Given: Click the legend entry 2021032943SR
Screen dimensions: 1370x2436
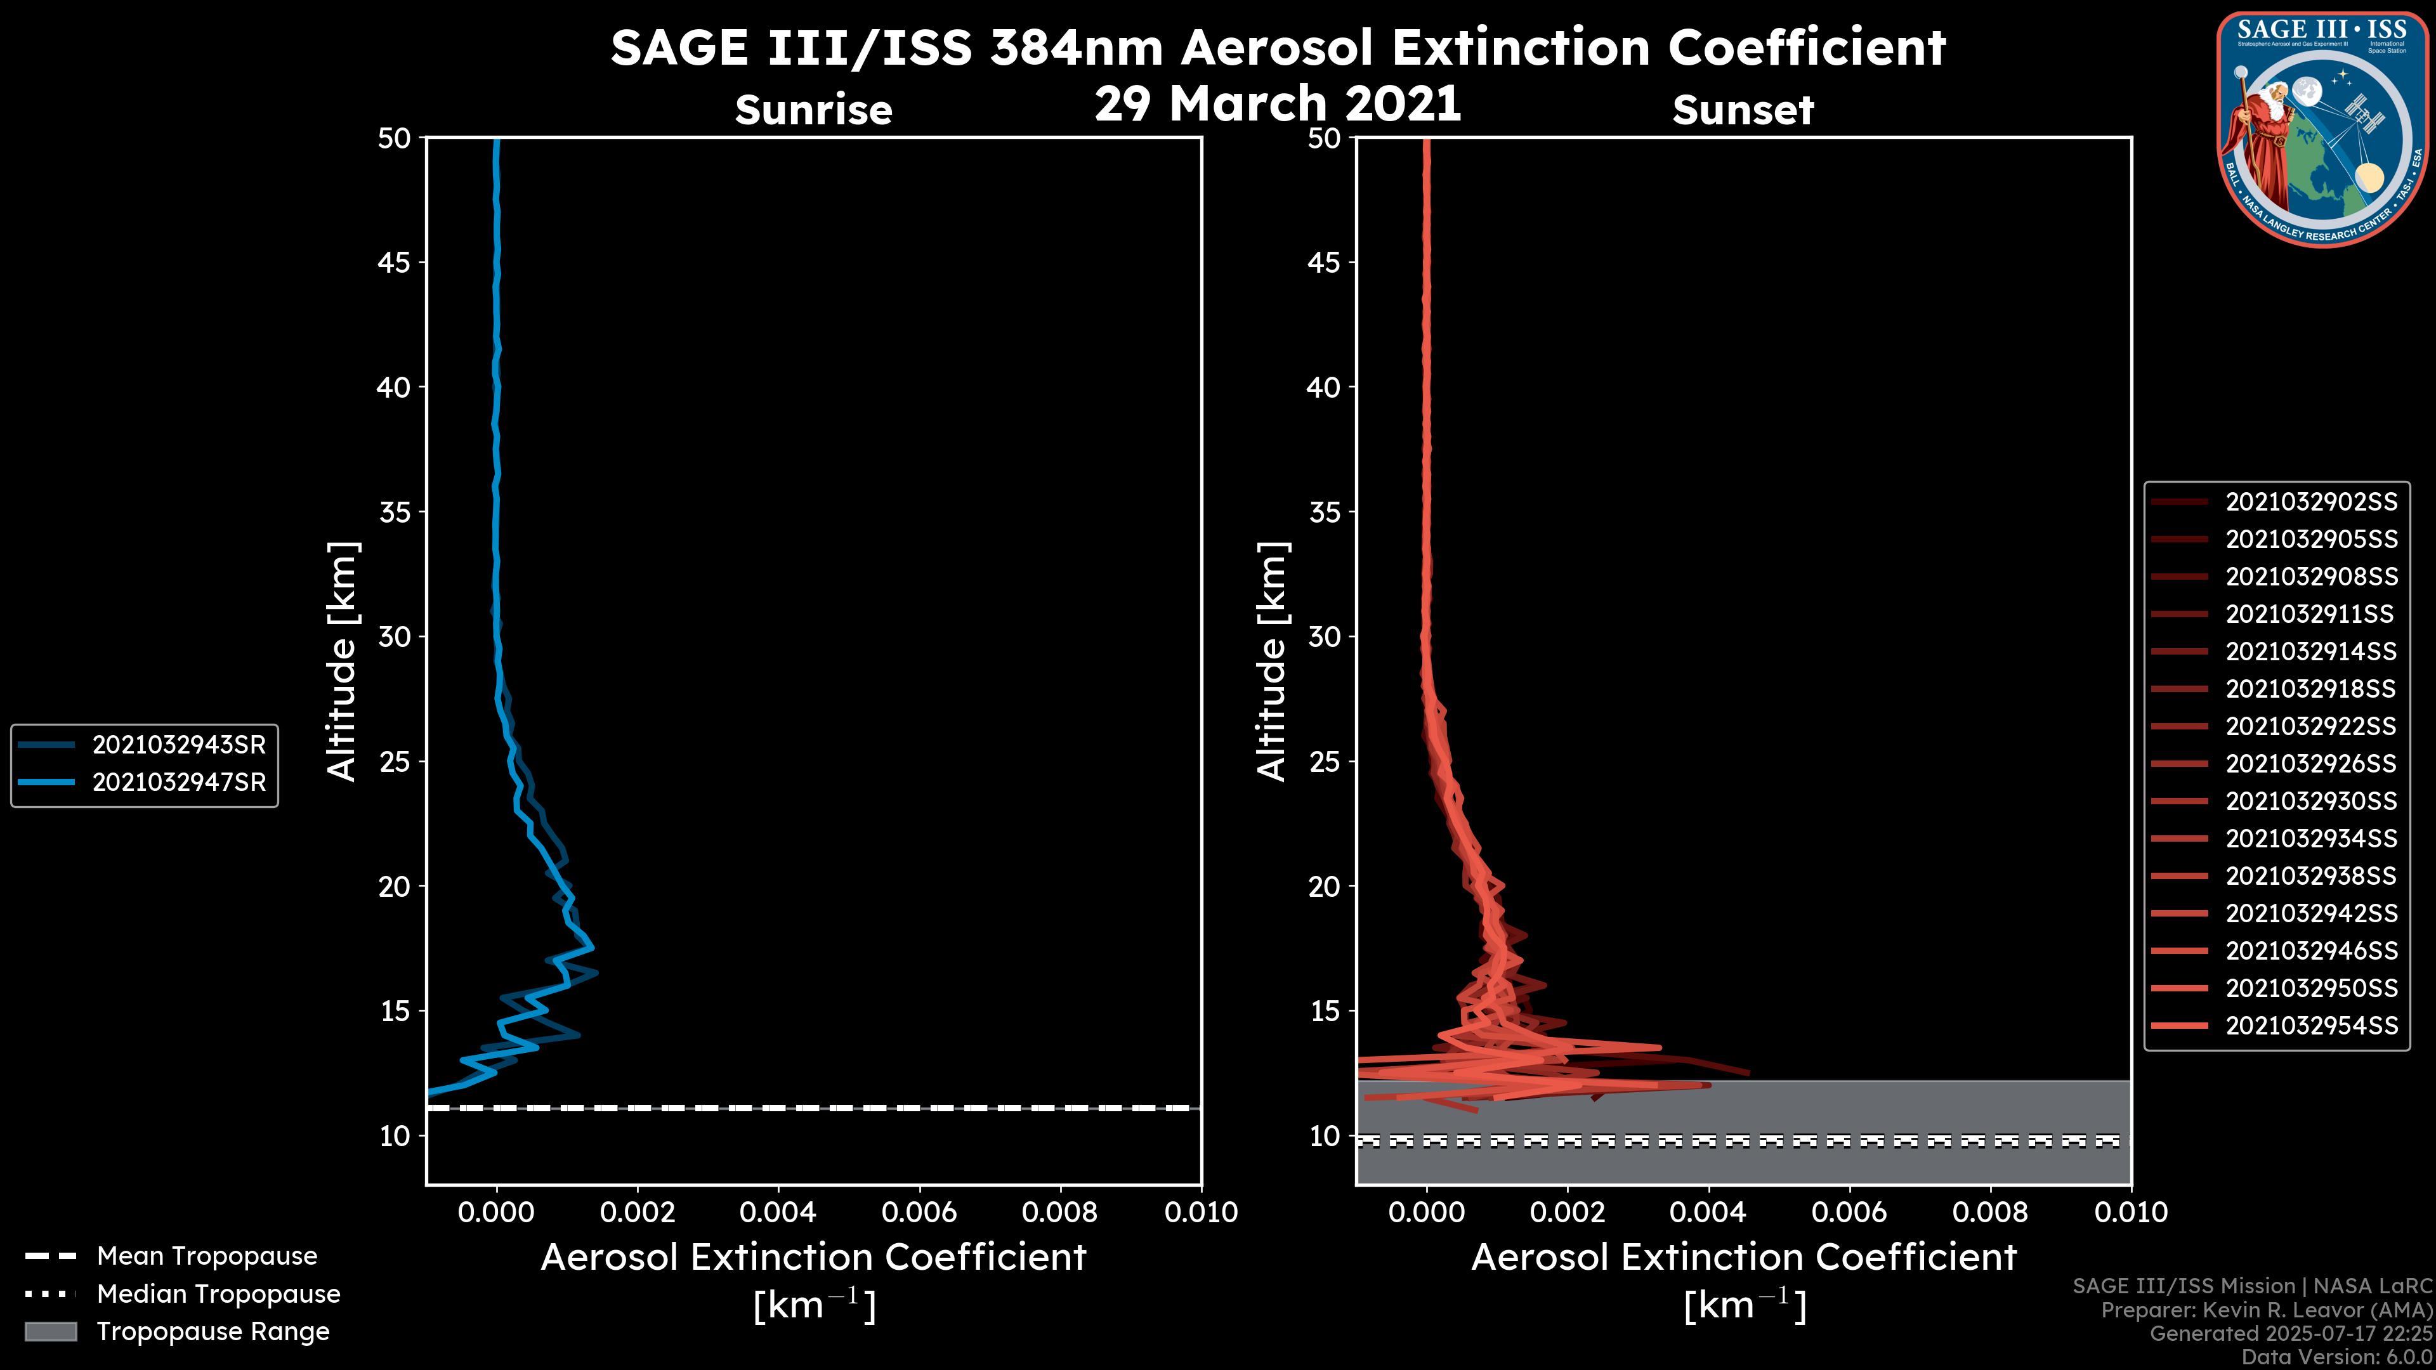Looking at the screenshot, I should (x=179, y=745).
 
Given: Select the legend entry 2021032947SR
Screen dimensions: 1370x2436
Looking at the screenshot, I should (x=179, y=783).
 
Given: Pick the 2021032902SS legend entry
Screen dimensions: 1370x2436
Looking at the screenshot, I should (x=2311, y=502).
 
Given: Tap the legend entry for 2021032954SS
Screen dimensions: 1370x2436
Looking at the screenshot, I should (x=2311, y=1026).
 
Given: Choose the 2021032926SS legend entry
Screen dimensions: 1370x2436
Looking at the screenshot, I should (x=2311, y=764).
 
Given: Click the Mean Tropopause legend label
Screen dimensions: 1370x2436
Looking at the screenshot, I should (x=207, y=1256).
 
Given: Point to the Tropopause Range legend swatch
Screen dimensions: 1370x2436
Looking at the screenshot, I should (x=51, y=1331).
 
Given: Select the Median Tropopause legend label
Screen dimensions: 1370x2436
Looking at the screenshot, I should (x=218, y=1295).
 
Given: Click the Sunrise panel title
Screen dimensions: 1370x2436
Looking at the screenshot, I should (x=813, y=110).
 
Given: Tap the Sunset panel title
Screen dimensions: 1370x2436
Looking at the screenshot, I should (x=1743, y=110).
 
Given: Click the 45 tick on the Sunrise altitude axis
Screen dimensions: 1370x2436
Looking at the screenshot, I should (x=395, y=263).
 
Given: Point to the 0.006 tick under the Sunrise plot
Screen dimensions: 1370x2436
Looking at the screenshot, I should (x=920, y=1212).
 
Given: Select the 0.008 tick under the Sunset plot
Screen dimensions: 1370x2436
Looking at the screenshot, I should (x=1991, y=1212).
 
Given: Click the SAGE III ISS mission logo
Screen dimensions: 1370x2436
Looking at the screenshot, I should (x=2321, y=129).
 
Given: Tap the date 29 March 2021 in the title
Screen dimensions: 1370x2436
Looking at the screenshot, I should (x=1278, y=103).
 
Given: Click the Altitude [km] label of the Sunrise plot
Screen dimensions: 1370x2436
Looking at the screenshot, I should (x=341, y=662).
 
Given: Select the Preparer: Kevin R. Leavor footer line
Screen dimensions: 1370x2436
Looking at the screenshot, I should (x=2266, y=1310).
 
